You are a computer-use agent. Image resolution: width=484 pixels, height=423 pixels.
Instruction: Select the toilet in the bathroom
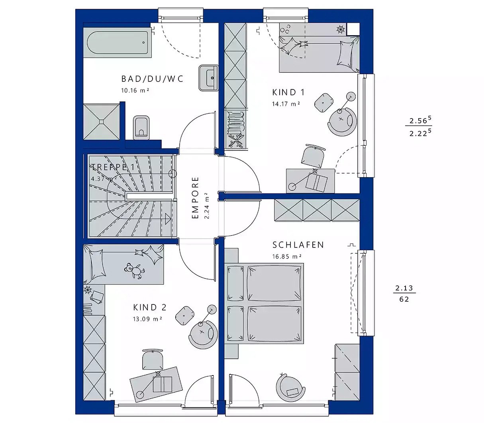coord(141,127)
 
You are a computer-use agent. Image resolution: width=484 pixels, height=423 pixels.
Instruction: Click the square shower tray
coord(101,122)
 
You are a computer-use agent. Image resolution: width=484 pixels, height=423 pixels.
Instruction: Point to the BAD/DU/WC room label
coord(153,79)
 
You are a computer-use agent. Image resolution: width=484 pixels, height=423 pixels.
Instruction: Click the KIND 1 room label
coord(288,93)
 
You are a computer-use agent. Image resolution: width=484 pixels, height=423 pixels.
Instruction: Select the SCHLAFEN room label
coord(298,245)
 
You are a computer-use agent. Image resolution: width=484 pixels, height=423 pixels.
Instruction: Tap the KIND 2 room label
coord(149,308)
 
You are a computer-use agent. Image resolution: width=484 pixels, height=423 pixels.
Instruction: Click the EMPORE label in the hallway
coord(195,198)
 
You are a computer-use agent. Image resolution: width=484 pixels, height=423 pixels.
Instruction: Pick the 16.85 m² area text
coord(286,257)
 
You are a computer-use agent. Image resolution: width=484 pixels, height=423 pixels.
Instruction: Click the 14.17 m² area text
coord(286,104)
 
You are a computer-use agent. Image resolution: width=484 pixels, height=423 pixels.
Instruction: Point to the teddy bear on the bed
coord(134,271)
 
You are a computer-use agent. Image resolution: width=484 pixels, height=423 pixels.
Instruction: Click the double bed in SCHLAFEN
coord(264,303)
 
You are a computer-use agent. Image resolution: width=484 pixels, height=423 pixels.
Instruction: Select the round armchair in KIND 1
coord(341,121)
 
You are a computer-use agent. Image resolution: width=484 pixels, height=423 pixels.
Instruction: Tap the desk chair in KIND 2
coord(153,359)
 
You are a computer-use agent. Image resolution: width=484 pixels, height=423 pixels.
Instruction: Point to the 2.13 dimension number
coord(404,288)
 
